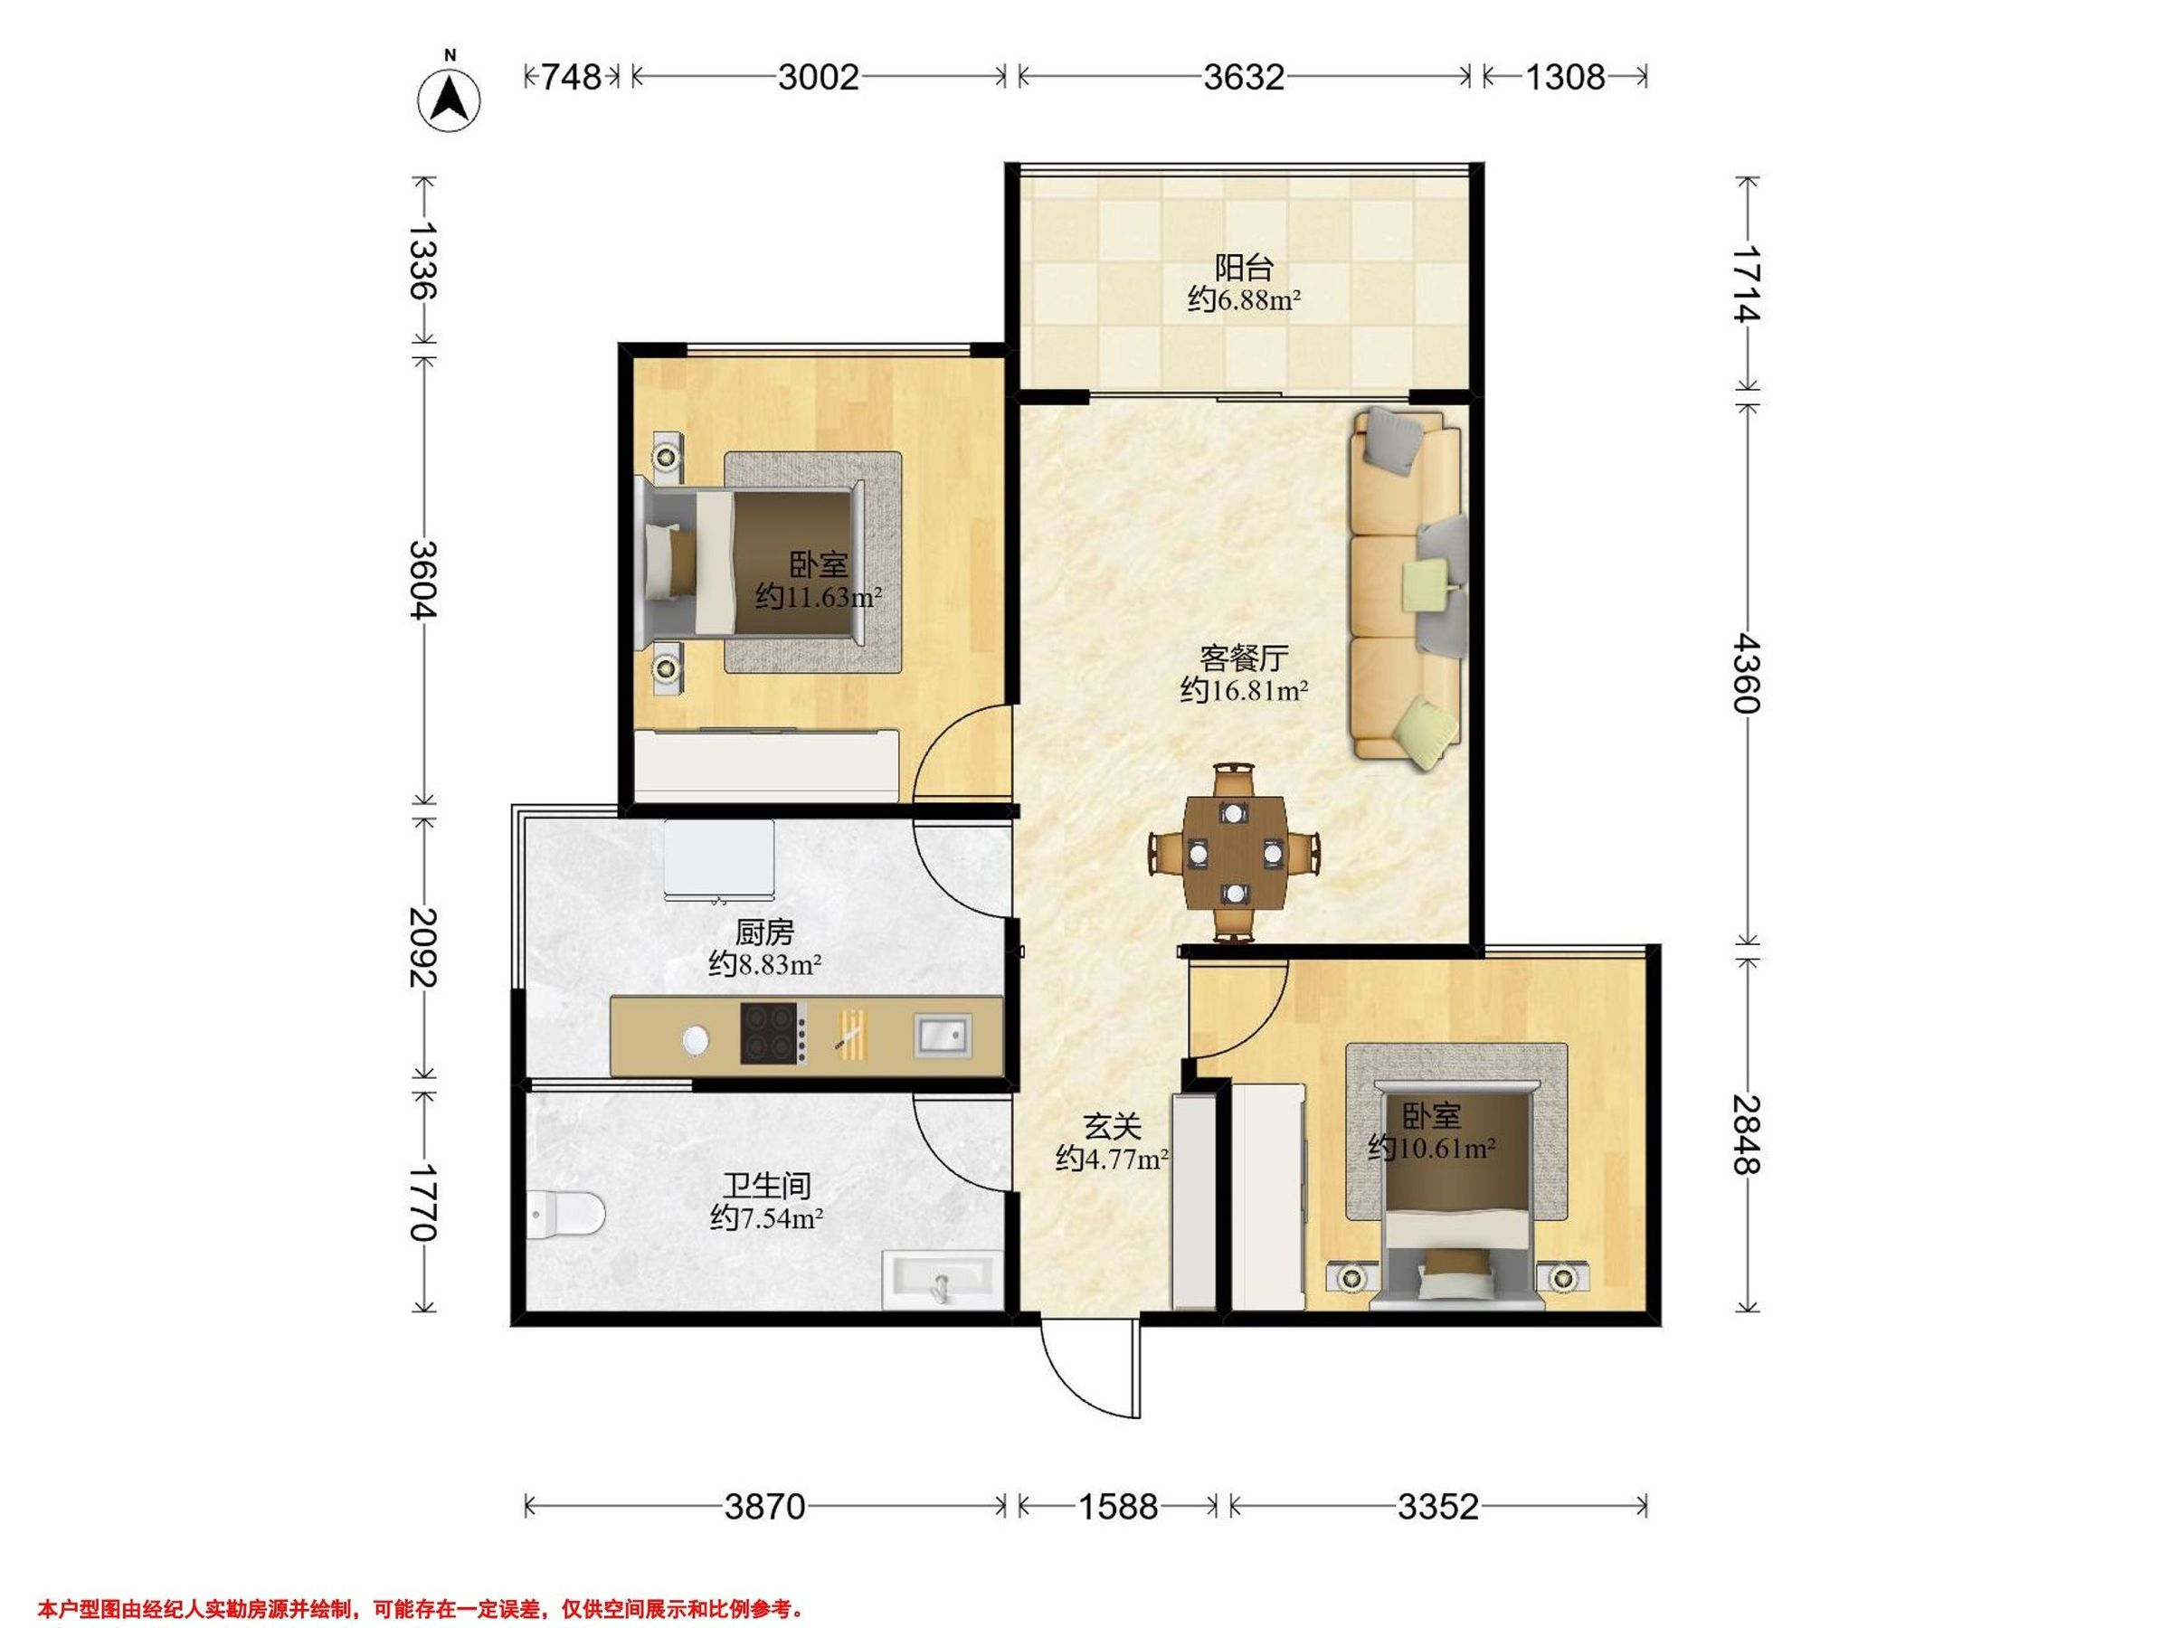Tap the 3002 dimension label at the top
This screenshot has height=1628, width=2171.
(819, 77)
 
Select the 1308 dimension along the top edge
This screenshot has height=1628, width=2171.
(1564, 77)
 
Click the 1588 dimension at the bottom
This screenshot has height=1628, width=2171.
(1118, 1505)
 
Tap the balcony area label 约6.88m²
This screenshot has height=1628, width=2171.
(1244, 299)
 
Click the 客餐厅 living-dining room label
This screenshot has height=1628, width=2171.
(1244, 657)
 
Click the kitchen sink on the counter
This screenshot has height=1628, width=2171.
(943, 1036)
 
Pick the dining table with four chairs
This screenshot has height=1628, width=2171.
(1235, 853)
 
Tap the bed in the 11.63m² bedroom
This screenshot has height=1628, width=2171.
(753, 563)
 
